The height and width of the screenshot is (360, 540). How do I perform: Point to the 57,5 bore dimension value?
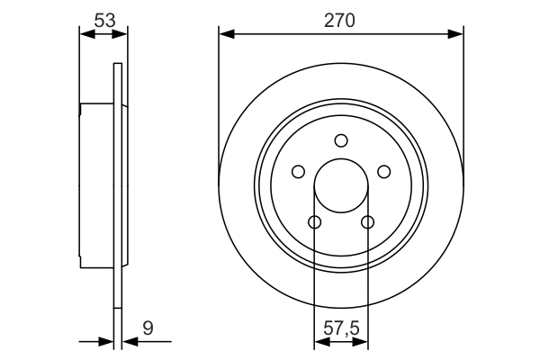click(341, 328)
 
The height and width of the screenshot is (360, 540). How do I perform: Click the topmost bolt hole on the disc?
click(341, 140)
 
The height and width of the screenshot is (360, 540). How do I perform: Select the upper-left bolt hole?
click(298, 172)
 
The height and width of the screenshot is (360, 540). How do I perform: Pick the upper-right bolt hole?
click(384, 172)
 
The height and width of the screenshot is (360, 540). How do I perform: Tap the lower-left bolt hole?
click(314, 222)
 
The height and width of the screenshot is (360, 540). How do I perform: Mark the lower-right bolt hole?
click(367, 222)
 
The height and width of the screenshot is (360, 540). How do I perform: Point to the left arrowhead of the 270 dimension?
click(226, 34)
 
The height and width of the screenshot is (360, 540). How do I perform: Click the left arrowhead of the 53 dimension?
click(86, 34)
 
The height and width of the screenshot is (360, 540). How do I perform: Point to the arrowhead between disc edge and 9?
click(126, 342)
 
